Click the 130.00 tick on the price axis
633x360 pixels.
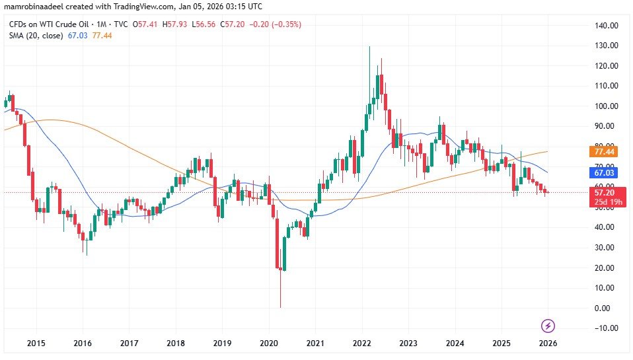coord(606,46)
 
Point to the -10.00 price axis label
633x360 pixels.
coord(605,328)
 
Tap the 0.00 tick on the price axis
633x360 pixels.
coord(603,308)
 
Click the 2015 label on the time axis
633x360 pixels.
coord(36,343)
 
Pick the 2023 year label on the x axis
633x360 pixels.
coord(408,343)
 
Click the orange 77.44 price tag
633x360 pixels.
coord(605,151)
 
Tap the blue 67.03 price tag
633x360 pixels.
coord(605,172)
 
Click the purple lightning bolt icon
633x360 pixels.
coord(548,325)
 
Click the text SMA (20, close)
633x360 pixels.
coord(35,35)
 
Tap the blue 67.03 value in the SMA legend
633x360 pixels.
coord(77,35)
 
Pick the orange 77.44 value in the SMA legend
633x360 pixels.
coord(103,35)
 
